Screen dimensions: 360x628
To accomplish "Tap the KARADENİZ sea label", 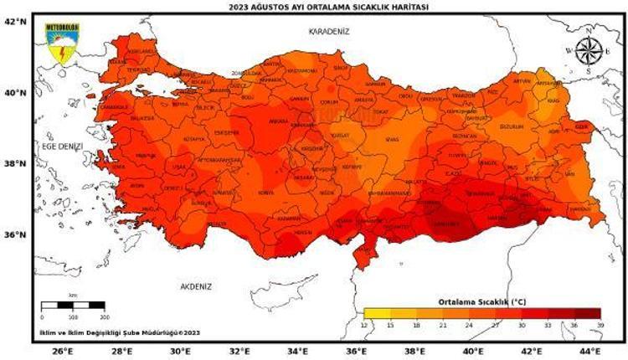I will coord(328,31).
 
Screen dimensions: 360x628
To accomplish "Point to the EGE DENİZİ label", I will coord(63,146).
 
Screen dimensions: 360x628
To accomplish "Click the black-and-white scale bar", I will coord(75,306).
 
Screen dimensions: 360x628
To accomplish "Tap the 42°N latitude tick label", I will coord(17,22).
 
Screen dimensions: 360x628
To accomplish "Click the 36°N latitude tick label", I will coord(17,235).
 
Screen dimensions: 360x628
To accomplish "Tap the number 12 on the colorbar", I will coord(364,324).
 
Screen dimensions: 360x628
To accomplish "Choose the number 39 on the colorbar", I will coord(600,324).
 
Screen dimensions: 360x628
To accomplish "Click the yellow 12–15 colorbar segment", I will coord(376,313).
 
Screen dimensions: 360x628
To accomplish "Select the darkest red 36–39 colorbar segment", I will coord(588,313).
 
